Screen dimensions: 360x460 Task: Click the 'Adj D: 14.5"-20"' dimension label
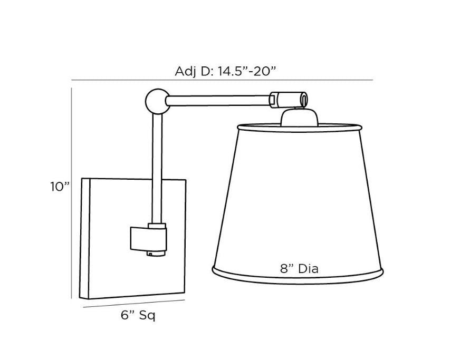225,71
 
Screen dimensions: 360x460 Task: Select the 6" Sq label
138,316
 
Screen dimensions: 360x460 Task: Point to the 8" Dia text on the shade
299,268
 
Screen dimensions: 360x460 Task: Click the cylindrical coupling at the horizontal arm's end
288,99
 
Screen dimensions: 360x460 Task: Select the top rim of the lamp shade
299,127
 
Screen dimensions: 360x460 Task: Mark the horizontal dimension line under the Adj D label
222,80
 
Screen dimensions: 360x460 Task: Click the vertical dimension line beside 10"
72,192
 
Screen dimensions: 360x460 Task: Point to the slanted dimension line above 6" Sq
133,304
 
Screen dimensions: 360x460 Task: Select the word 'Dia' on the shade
308,268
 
